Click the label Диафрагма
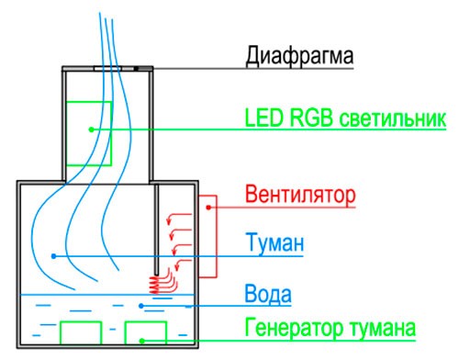point(299,58)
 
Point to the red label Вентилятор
point(300,197)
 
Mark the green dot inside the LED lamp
point(90,129)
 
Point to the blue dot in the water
point(140,305)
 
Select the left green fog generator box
point(80,333)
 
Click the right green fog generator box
point(145,333)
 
